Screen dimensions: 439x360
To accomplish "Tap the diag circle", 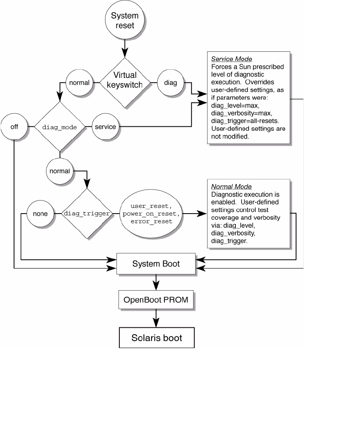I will point(171,83).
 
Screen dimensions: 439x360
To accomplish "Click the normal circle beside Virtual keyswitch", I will point(79,83).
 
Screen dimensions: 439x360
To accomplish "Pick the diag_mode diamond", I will point(59,127).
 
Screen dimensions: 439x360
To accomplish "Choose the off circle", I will point(14,127).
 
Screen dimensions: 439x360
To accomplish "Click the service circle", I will point(105,127).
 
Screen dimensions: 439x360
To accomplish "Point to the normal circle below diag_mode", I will point(59,171).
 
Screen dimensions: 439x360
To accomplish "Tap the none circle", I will point(40,214).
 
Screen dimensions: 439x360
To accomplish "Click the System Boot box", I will point(156,264).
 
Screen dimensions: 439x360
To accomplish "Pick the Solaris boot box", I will point(156,338).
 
